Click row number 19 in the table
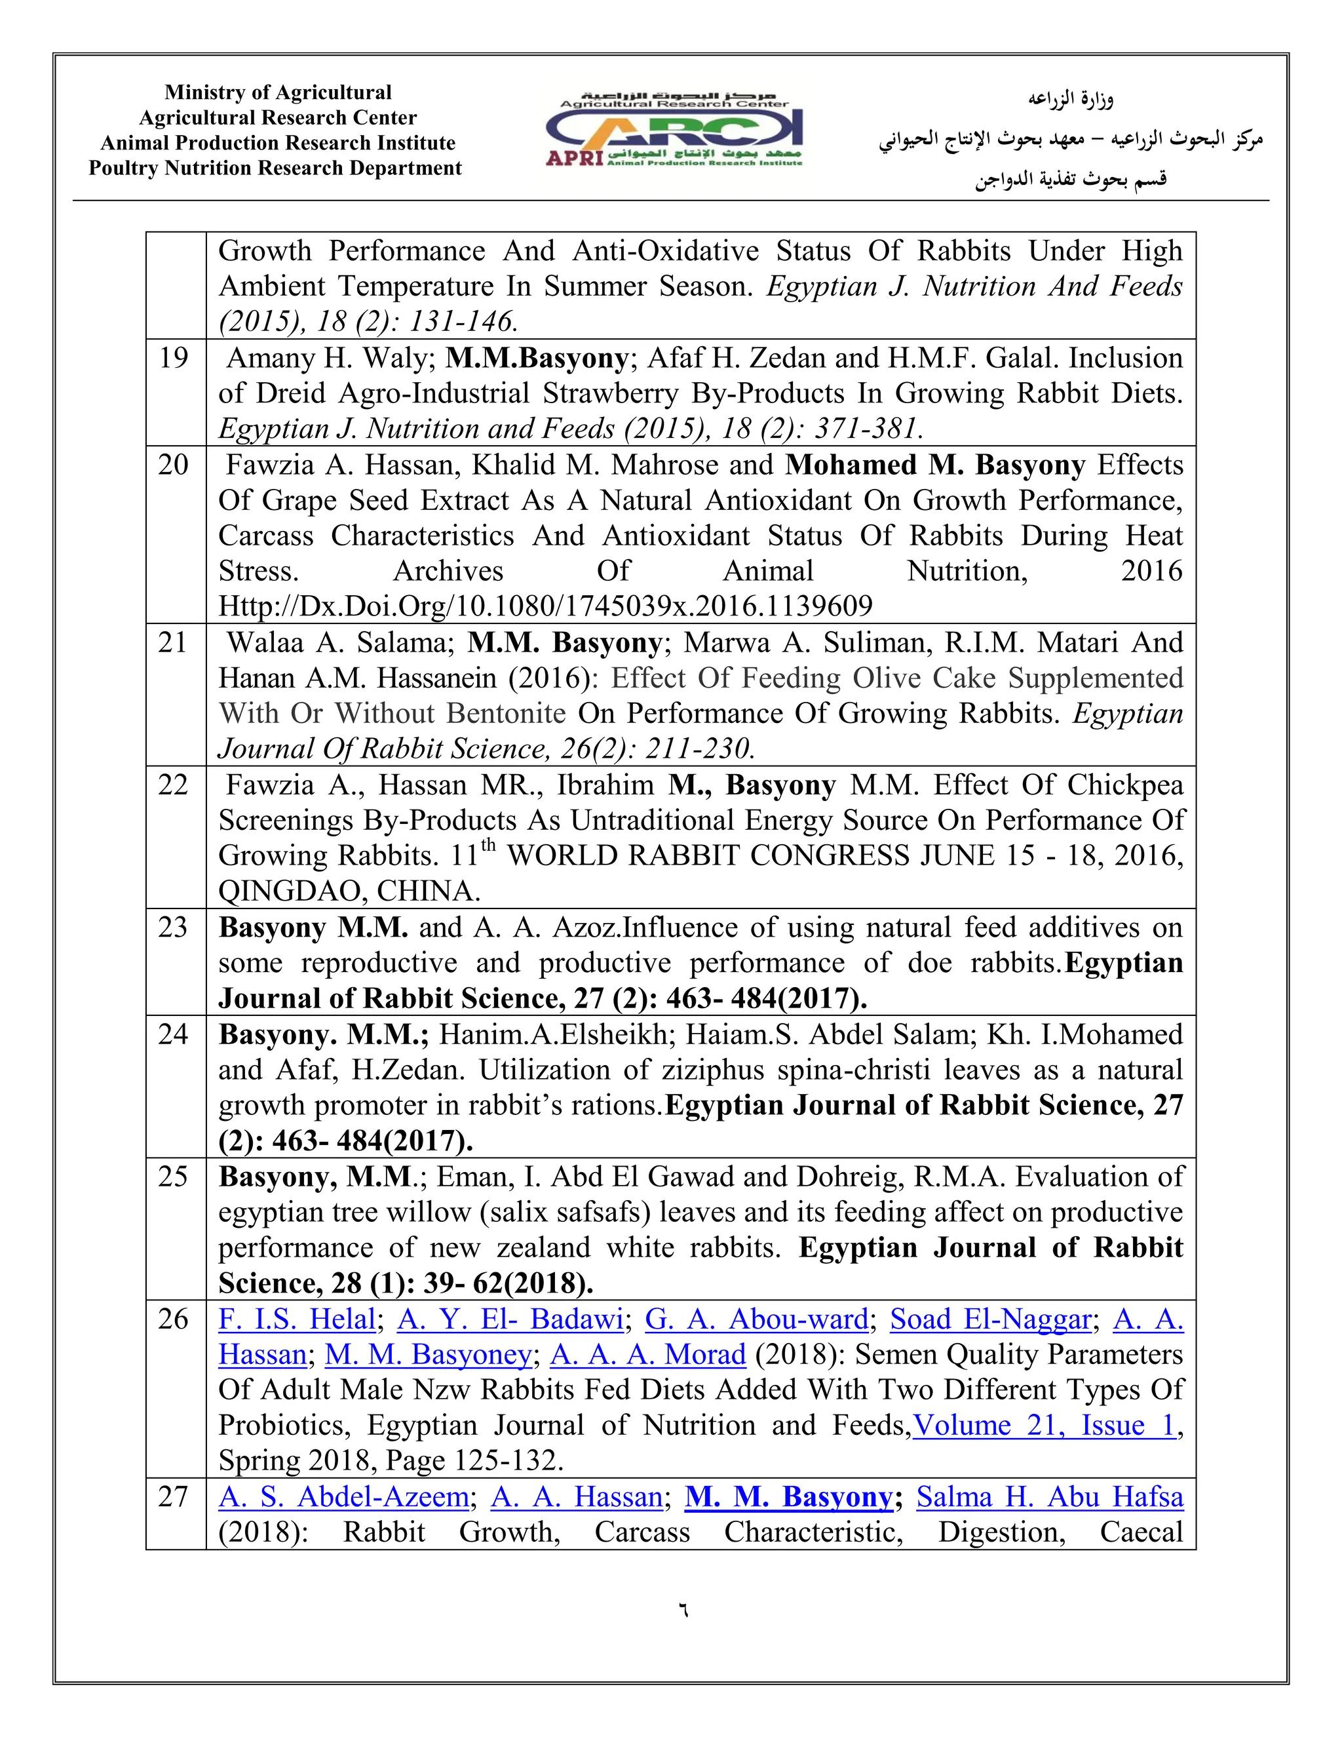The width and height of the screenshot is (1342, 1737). click(x=172, y=359)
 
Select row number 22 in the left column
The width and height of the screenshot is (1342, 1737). click(x=172, y=786)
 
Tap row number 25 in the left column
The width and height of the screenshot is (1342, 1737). click(x=172, y=1177)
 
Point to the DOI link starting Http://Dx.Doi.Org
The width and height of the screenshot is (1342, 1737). click(x=545, y=607)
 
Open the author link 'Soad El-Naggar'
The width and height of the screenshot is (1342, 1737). click(x=991, y=1319)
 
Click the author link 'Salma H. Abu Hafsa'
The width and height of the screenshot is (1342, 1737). click(x=1050, y=1498)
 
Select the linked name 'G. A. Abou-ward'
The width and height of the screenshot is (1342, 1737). click(x=756, y=1319)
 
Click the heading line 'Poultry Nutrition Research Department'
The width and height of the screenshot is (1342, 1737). click(x=275, y=168)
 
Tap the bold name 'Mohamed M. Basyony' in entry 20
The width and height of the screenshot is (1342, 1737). click(x=935, y=465)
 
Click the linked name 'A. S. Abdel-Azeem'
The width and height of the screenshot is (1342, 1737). click(x=343, y=1498)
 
